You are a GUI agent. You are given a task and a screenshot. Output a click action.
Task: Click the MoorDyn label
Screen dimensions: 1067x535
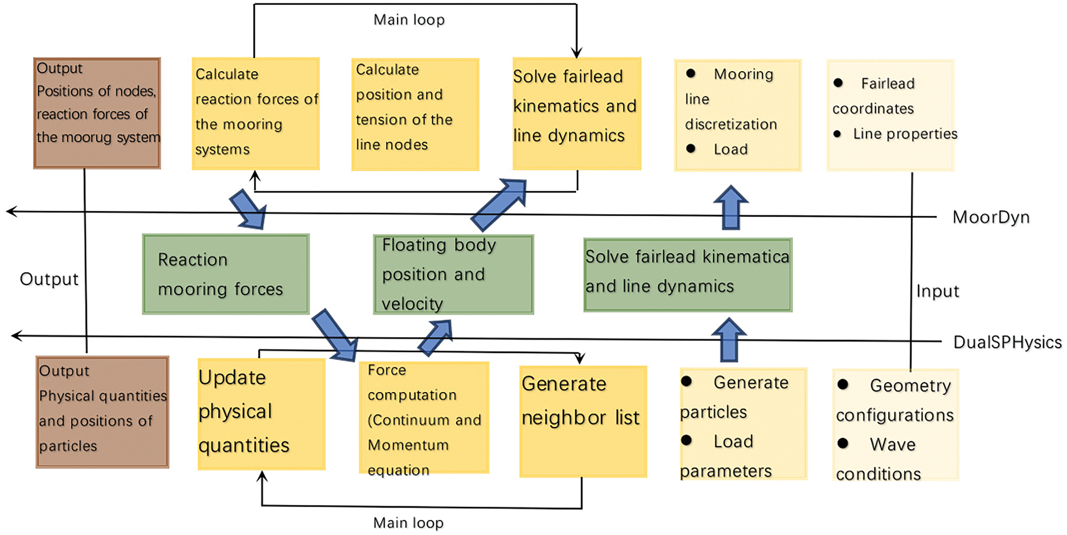pyautogui.click(x=991, y=217)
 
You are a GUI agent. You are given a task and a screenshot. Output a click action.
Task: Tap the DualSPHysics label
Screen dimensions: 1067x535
pyautogui.click(x=1007, y=342)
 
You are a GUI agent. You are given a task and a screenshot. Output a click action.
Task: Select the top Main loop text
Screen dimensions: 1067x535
pyautogui.click(x=409, y=20)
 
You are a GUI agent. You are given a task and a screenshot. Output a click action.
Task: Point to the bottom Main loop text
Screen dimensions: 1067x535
pyautogui.click(x=408, y=522)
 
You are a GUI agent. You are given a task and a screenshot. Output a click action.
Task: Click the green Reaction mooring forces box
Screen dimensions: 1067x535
pyautogui.click(x=226, y=274)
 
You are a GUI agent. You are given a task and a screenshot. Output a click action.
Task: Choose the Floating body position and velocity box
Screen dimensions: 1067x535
pyautogui.click(x=454, y=274)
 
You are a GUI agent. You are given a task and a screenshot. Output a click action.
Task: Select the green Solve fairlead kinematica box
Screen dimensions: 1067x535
pyautogui.click(x=688, y=275)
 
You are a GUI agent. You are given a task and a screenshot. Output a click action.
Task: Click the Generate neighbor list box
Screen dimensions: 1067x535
pyautogui.click(x=583, y=421)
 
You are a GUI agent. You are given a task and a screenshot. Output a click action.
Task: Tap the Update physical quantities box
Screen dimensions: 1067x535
pyautogui.click(x=262, y=414)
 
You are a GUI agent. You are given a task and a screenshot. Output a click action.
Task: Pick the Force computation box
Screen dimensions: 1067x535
pyautogui.click(x=424, y=418)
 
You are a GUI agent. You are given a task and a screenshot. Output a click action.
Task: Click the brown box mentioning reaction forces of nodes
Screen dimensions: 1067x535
pyautogui.click(x=97, y=113)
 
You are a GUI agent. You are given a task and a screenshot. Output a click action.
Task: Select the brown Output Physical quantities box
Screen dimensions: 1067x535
pyautogui.click(x=102, y=412)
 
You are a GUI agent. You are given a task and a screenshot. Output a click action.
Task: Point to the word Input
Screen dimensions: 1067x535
pyautogui.click(x=938, y=291)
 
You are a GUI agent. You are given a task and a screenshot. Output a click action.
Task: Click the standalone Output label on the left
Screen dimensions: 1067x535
pyautogui.click(x=49, y=279)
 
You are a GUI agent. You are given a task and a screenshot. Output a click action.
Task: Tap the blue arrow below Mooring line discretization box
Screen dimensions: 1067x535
pyautogui.click(x=731, y=207)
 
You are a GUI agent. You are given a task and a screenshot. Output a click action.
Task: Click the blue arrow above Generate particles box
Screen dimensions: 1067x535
pyautogui.click(x=729, y=340)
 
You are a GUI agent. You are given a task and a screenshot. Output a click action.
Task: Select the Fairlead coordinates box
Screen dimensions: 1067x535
pyautogui.click(x=890, y=115)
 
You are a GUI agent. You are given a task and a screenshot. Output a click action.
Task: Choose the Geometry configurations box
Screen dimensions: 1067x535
pyautogui.click(x=896, y=425)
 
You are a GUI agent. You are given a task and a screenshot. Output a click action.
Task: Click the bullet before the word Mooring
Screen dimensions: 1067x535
pyautogui.click(x=691, y=73)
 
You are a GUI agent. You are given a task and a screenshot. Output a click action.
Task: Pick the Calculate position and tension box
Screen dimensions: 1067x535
pyautogui.click(x=415, y=114)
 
